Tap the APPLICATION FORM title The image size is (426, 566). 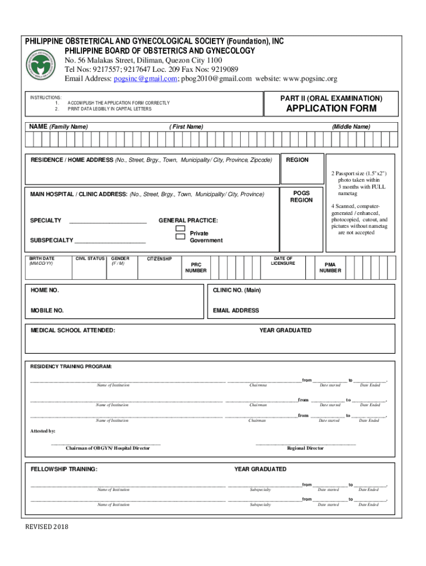(331, 108)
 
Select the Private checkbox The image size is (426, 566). (180, 228)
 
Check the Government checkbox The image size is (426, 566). (180, 237)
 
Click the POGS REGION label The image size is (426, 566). (302, 197)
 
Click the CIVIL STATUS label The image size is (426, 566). (90, 258)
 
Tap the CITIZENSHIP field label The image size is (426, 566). (159, 259)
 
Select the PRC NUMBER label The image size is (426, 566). (196, 268)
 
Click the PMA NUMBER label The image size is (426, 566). (330, 268)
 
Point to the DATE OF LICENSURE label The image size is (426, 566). (283, 260)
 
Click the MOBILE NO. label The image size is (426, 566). (47, 311)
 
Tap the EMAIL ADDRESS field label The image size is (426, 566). (236, 311)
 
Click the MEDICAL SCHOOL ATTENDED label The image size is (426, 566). (73, 331)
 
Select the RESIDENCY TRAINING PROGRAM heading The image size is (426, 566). (70, 366)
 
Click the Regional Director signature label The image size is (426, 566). (305, 448)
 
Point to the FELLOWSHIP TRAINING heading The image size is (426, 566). (64, 469)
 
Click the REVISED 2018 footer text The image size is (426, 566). (46, 527)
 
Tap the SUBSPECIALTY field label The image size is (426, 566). (51, 240)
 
